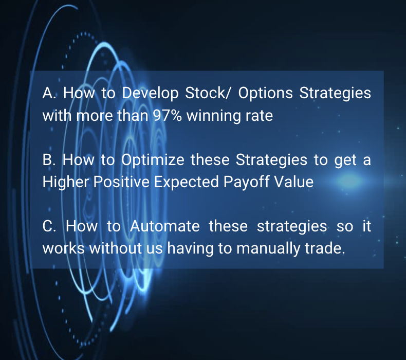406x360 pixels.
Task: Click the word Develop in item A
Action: tap(150, 93)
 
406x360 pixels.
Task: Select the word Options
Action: tap(265, 93)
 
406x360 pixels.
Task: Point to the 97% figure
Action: tap(167, 115)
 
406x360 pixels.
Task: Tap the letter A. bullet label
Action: tap(49, 93)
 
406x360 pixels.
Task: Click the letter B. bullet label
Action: tap(49, 159)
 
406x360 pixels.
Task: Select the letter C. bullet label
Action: tap(49, 226)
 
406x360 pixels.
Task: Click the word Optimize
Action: tap(153, 160)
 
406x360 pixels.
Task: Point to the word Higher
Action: tap(65, 182)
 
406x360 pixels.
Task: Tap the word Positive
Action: tap(121, 182)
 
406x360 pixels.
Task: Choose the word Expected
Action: tap(186, 182)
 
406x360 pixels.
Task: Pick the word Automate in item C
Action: tap(164, 226)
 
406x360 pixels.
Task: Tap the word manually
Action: tap(268, 248)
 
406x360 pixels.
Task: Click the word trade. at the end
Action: tap(325, 248)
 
